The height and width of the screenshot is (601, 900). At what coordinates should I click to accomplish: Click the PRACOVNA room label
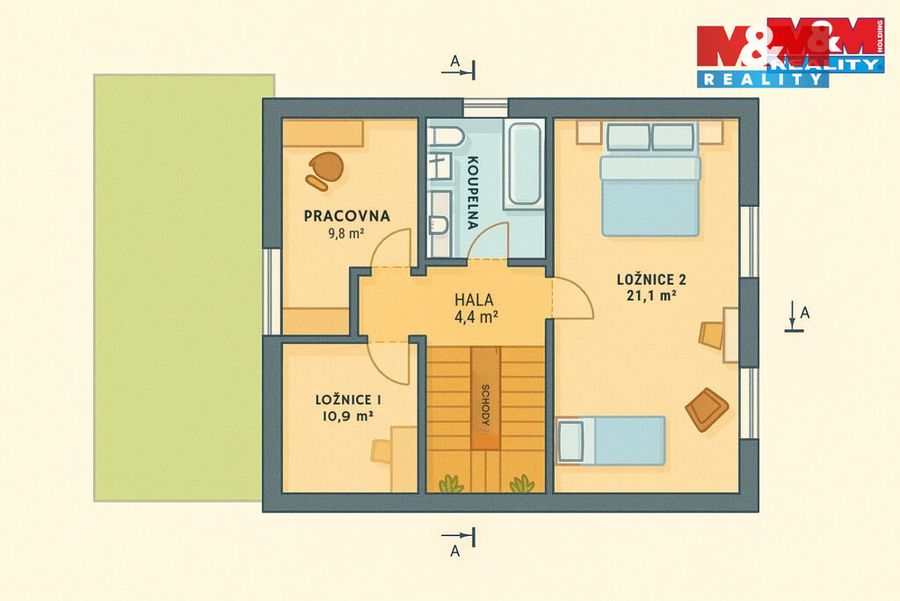(x=346, y=216)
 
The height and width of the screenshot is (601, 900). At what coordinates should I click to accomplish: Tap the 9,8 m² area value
(x=346, y=233)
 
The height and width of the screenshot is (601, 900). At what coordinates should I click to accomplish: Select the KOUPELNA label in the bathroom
(x=473, y=193)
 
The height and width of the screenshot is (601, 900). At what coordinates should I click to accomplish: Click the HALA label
(x=474, y=299)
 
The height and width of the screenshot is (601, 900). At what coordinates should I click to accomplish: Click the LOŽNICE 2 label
(x=651, y=280)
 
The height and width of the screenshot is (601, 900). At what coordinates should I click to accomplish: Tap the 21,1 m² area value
(x=651, y=296)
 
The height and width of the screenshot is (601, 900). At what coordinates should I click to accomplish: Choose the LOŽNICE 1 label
(x=348, y=399)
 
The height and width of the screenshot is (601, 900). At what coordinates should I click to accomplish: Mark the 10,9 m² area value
(x=348, y=416)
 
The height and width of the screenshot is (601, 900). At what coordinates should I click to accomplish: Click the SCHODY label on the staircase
(x=485, y=405)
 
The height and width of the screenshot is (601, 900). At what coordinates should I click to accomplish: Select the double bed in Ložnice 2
(x=650, y=179)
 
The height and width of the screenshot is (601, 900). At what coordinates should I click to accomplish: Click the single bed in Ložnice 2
(x=612, y=441)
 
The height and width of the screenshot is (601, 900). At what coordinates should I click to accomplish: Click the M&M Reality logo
(x=790, y=53)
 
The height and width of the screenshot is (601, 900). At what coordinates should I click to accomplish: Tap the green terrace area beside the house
(x=183, y=287)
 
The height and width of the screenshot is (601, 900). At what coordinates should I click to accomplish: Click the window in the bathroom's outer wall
(x=485, y=107)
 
